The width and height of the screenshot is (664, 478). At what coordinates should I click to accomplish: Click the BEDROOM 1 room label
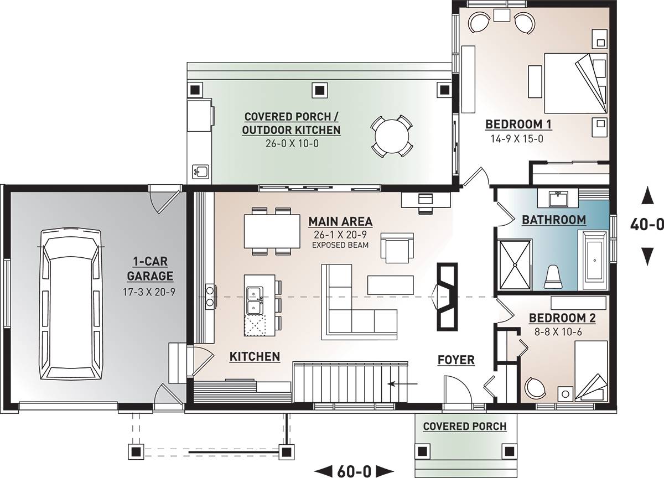518,124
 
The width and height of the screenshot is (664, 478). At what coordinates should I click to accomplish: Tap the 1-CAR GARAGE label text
150,269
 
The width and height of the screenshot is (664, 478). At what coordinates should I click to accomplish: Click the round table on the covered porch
392,136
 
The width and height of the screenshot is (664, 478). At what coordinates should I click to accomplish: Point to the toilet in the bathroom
553,277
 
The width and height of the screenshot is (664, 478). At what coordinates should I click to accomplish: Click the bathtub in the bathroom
594,260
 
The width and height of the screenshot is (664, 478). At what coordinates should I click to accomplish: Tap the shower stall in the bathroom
515,264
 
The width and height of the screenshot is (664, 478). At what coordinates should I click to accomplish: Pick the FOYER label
456,360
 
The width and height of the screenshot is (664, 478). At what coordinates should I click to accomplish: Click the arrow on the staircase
403,384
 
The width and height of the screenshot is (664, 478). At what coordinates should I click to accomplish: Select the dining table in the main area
272,231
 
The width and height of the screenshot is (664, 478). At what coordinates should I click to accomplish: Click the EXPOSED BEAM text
340,245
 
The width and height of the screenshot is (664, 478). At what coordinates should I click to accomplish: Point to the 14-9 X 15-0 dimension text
517,139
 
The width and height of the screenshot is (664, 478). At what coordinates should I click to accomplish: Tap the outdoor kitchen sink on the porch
201,172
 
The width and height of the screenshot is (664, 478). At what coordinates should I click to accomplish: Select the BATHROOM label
554,220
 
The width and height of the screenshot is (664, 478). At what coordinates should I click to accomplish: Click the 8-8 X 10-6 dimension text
558,332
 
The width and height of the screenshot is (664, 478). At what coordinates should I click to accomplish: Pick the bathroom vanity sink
558,199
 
